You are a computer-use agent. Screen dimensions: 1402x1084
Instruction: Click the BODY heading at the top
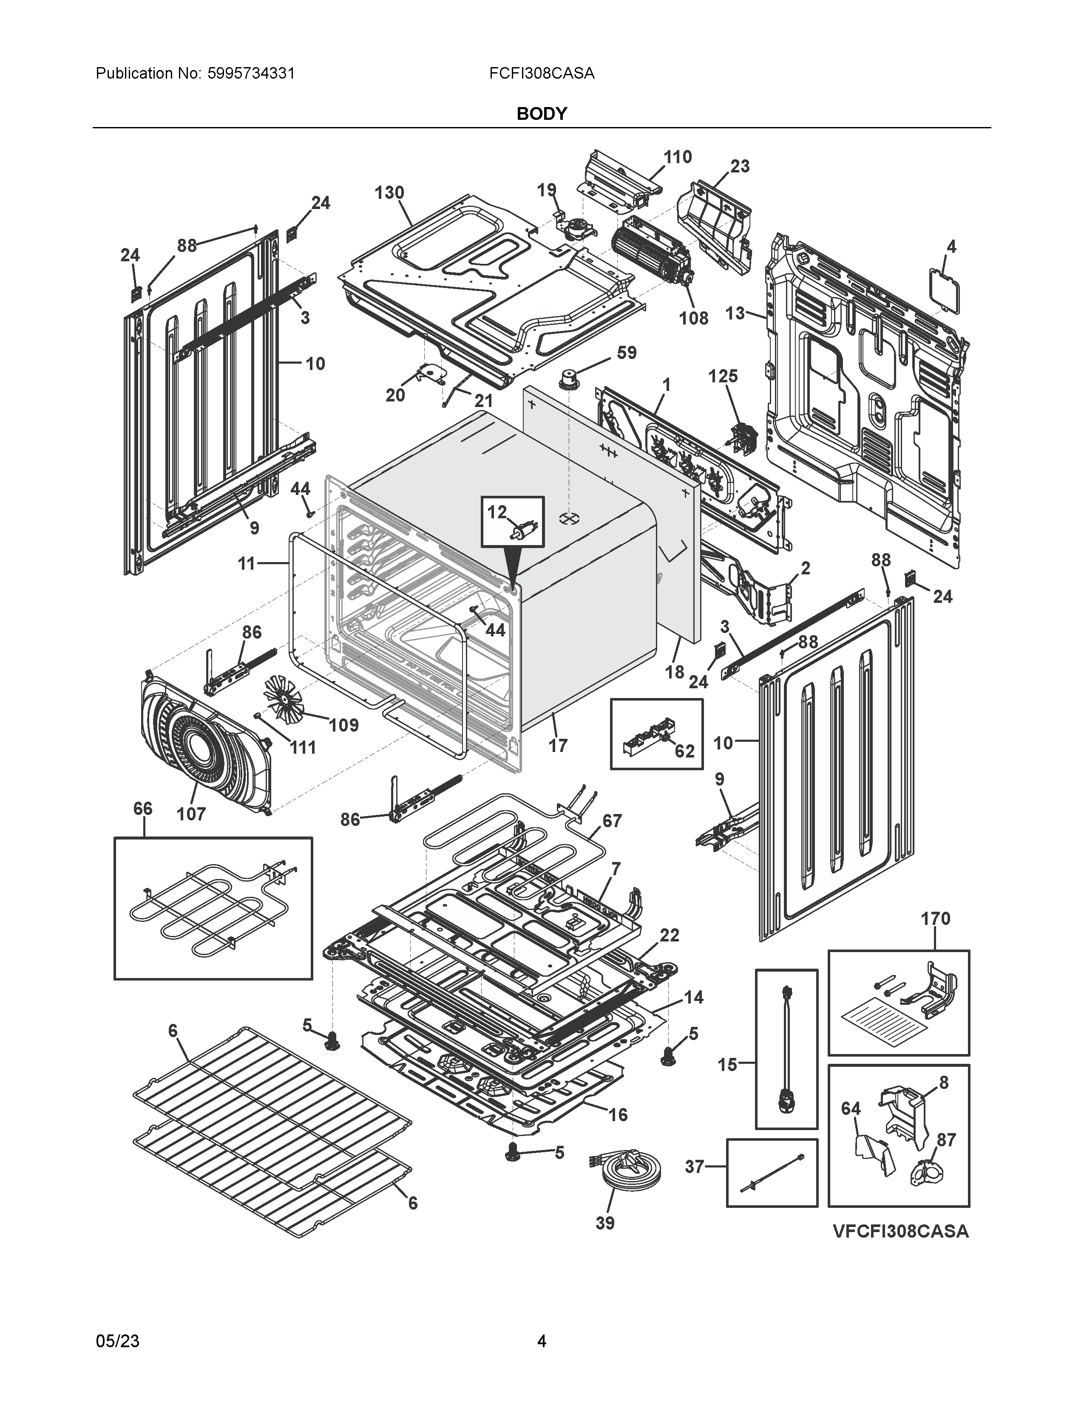point(541,113)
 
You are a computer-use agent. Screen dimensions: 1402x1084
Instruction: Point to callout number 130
point(389,192)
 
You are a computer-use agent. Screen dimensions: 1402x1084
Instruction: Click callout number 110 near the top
point(678,157)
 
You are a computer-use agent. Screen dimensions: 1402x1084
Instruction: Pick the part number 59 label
point(626,353)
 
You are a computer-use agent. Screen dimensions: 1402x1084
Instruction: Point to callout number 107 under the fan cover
point(191,814)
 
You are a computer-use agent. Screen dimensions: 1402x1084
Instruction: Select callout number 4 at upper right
point(951,246)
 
